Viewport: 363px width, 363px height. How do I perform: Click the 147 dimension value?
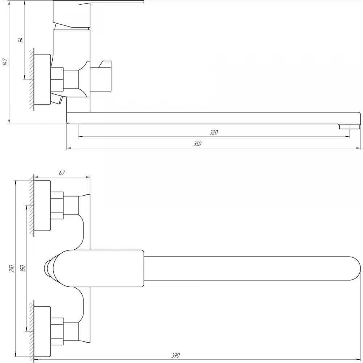tap(5, 62)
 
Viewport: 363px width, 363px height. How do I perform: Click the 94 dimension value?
tap(21, 40)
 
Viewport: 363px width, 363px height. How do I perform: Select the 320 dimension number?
tap(214, 132)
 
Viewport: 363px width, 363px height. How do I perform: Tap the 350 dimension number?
tap(197, 144)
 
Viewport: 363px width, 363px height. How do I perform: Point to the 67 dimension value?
tap(62, 173)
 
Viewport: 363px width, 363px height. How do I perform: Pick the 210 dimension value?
tap(12, 269)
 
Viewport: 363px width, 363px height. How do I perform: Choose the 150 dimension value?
tap(23, 268)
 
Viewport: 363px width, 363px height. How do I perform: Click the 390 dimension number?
tap(175, 355)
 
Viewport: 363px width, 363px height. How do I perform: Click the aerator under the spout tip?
tap(350, 127)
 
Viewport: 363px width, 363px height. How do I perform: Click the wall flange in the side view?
tap(42, 79)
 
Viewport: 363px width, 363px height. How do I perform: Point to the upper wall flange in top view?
tap(42, 205)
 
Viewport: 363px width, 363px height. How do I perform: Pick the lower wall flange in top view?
tap(42, 331)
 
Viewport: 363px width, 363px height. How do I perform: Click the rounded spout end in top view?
tap(354, 269)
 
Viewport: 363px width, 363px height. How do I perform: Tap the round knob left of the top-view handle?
tap(49, 269)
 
